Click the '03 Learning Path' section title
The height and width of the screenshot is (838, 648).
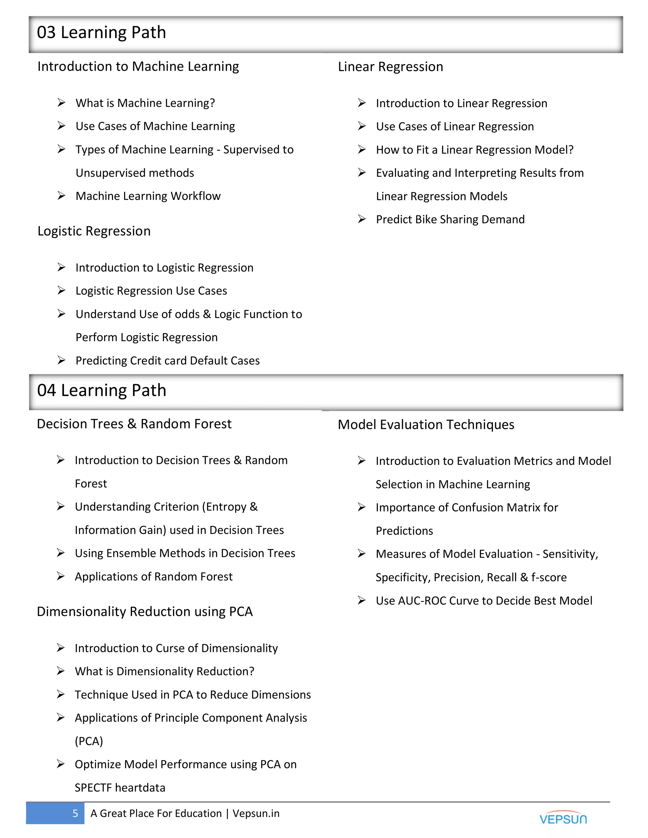point(101,33)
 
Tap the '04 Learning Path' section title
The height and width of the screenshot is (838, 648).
point(102,391)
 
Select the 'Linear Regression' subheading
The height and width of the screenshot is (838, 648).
point(390,67)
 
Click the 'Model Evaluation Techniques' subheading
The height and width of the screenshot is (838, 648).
point(426,425)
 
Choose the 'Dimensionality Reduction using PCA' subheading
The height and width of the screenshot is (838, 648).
point(145,612)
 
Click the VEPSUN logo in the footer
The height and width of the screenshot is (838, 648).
point(563,818)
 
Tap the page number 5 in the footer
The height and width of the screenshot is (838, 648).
point(75,813)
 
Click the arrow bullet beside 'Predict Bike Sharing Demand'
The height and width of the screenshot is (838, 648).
point(362,219)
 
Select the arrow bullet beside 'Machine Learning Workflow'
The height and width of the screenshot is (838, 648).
point(61,196)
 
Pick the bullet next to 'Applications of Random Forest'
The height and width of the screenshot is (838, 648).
point(61,576)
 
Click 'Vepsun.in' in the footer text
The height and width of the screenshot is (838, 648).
point(256,813)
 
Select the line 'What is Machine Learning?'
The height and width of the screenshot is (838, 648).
point(145,103)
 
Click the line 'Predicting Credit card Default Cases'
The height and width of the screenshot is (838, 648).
point(167,361)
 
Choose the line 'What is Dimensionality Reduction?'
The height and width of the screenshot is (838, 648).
point(164,671)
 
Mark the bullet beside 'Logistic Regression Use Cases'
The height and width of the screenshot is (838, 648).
point(61,291)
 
